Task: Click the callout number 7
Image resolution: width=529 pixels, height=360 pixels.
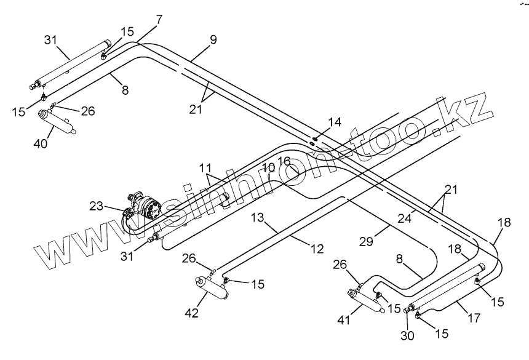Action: pyautogui.click(x=159, y=20)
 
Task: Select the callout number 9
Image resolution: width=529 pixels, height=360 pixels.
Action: pyautogui.click(x=213, y=40)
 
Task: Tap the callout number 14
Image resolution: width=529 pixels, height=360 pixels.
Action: pyautogui.click(x=335, y=122)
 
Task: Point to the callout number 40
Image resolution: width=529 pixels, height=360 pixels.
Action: pyautogui.click(x=41, y=144)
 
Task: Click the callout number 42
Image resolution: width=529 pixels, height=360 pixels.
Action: pyautogui.click(x=192, y=313)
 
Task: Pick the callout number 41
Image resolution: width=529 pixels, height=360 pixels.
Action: pyautogui.click(x=344, y=319)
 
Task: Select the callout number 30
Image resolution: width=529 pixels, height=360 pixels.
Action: pyautogui.click(x=407, y=336)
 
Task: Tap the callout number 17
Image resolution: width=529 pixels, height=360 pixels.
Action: pyautogui.click(x=474, y=318)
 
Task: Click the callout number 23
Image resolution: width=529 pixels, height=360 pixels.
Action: pyautogui.click(x=96, y=206)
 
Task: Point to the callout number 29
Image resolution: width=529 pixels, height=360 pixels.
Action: pyautogui.click(x=366, y=241)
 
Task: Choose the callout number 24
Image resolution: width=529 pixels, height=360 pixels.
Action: pyautogui.click(x=404, y=218)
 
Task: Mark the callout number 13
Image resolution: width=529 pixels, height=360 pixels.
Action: pyautogui.click(x=257, y=218)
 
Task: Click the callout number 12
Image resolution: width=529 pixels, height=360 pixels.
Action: pyautogui.click(x=317, y=249)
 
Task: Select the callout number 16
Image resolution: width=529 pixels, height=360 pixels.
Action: pyautogui.click(x=284, y=161)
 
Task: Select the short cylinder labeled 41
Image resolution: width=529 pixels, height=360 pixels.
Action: pyautogui.click(x=366, y=300)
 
